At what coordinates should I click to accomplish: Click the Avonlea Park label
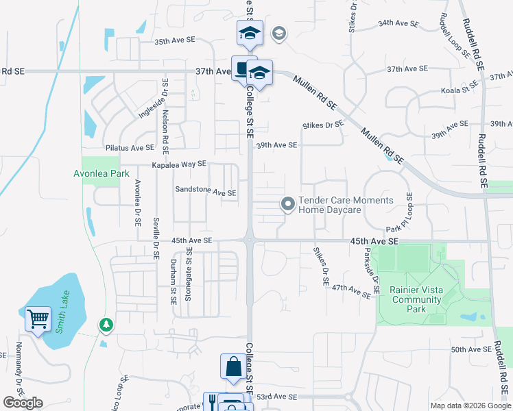[102, 174]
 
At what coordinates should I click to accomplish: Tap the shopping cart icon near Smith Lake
[38, 319]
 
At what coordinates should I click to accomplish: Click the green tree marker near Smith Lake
[105, 323]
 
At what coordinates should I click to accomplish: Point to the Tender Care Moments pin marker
[288, 204]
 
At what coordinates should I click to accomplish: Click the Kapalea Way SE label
[179, 164]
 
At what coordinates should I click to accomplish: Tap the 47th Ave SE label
[351, 290]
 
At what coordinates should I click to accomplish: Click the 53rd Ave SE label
[277, 397]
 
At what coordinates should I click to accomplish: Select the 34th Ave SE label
[398, 23]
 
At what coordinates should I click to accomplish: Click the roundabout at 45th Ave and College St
[248, 240]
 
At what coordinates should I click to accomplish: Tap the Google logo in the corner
[23, 403]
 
